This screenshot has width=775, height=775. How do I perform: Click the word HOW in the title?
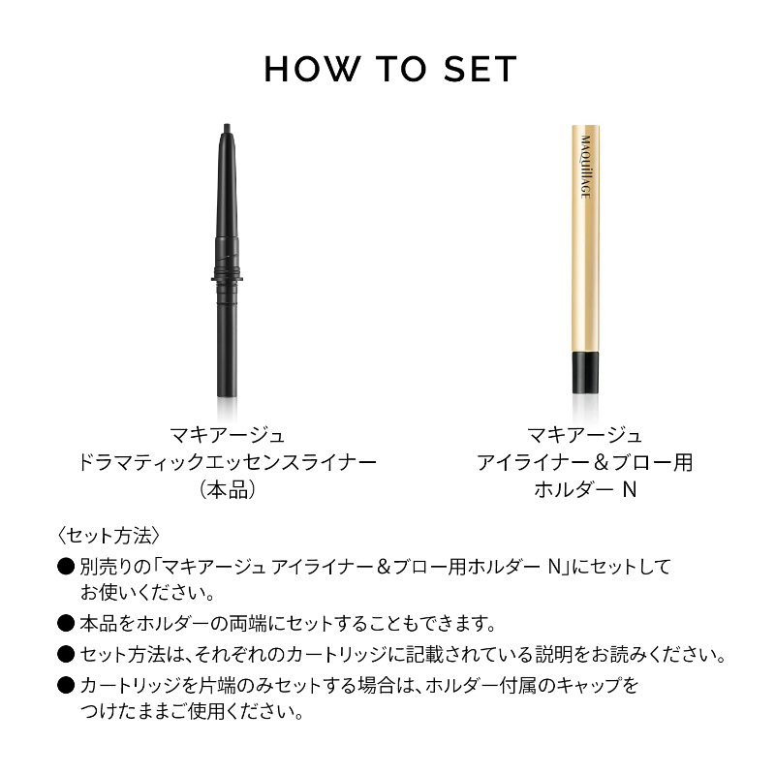(x=310, y=69)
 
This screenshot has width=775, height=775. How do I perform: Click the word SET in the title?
(x=480, y=69)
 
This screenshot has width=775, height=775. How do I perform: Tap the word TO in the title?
(x=401, y=69)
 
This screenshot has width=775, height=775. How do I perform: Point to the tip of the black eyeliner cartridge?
(x=227, y=125)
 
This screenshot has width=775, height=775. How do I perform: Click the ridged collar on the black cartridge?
(x=227, y=272)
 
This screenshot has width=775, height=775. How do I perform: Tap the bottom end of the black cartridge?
(x=227, y=395)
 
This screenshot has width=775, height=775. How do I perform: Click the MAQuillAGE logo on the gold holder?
(x=586, y=167)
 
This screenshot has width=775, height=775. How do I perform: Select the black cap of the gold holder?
(x=586, y=373)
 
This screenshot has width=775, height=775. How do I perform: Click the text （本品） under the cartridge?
(x=227, y=490)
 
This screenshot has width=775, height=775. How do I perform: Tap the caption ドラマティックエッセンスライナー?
(x=227, y=463)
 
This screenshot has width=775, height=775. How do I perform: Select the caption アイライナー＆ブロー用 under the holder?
(x=585, y=463)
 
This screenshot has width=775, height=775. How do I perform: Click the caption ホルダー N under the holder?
(x=585, y=490)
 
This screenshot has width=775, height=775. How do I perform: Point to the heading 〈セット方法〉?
(x=108, y=536)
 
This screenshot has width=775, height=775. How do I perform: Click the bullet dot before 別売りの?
(x=66, y=567)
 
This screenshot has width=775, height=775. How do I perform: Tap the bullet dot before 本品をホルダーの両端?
(x=66, y=624)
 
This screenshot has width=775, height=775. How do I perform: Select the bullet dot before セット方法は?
(x=66, y=655)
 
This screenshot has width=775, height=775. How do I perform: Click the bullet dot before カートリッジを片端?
(x=66, y=685)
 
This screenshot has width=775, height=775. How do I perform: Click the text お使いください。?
(x=147, y=593)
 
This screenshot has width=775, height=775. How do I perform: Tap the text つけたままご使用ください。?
(x=192, y=712)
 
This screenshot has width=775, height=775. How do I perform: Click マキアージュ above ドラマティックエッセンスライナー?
(x=227, y=435)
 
